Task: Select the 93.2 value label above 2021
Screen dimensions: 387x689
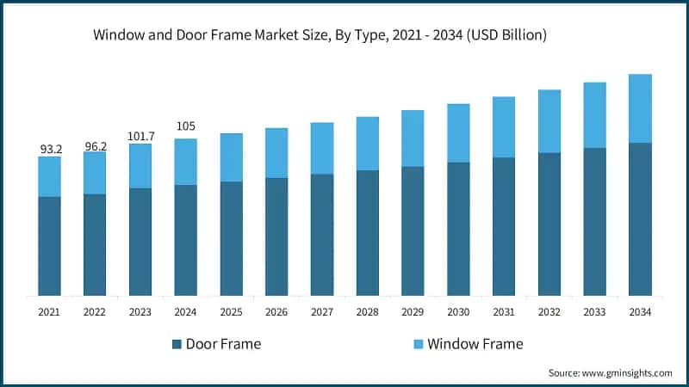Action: [49, 149]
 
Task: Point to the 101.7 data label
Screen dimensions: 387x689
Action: [140, 136]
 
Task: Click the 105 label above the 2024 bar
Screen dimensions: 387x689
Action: [185, 127]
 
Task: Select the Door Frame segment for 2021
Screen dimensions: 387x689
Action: [49, 246]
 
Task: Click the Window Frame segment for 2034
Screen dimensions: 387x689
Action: [640, 108]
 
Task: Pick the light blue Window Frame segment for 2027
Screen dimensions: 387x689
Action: [322, 148]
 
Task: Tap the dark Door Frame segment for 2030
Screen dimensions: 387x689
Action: [458, 229]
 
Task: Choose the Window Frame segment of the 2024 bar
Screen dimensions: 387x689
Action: [185, 162]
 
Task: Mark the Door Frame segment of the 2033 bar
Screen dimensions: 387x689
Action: [594, 222]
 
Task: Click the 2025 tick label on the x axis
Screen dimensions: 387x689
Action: [231, 313]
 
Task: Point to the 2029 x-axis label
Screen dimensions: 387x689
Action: [413, 313]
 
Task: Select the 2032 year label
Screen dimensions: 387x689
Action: [549, 313]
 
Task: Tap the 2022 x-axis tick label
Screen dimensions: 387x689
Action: [95, 313]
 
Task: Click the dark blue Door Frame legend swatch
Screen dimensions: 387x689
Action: [177, 344]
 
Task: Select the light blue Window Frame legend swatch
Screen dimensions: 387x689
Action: [419, 344]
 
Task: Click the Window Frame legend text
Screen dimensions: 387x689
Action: [475, 344]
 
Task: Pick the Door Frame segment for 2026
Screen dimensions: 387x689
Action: [276, 236]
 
